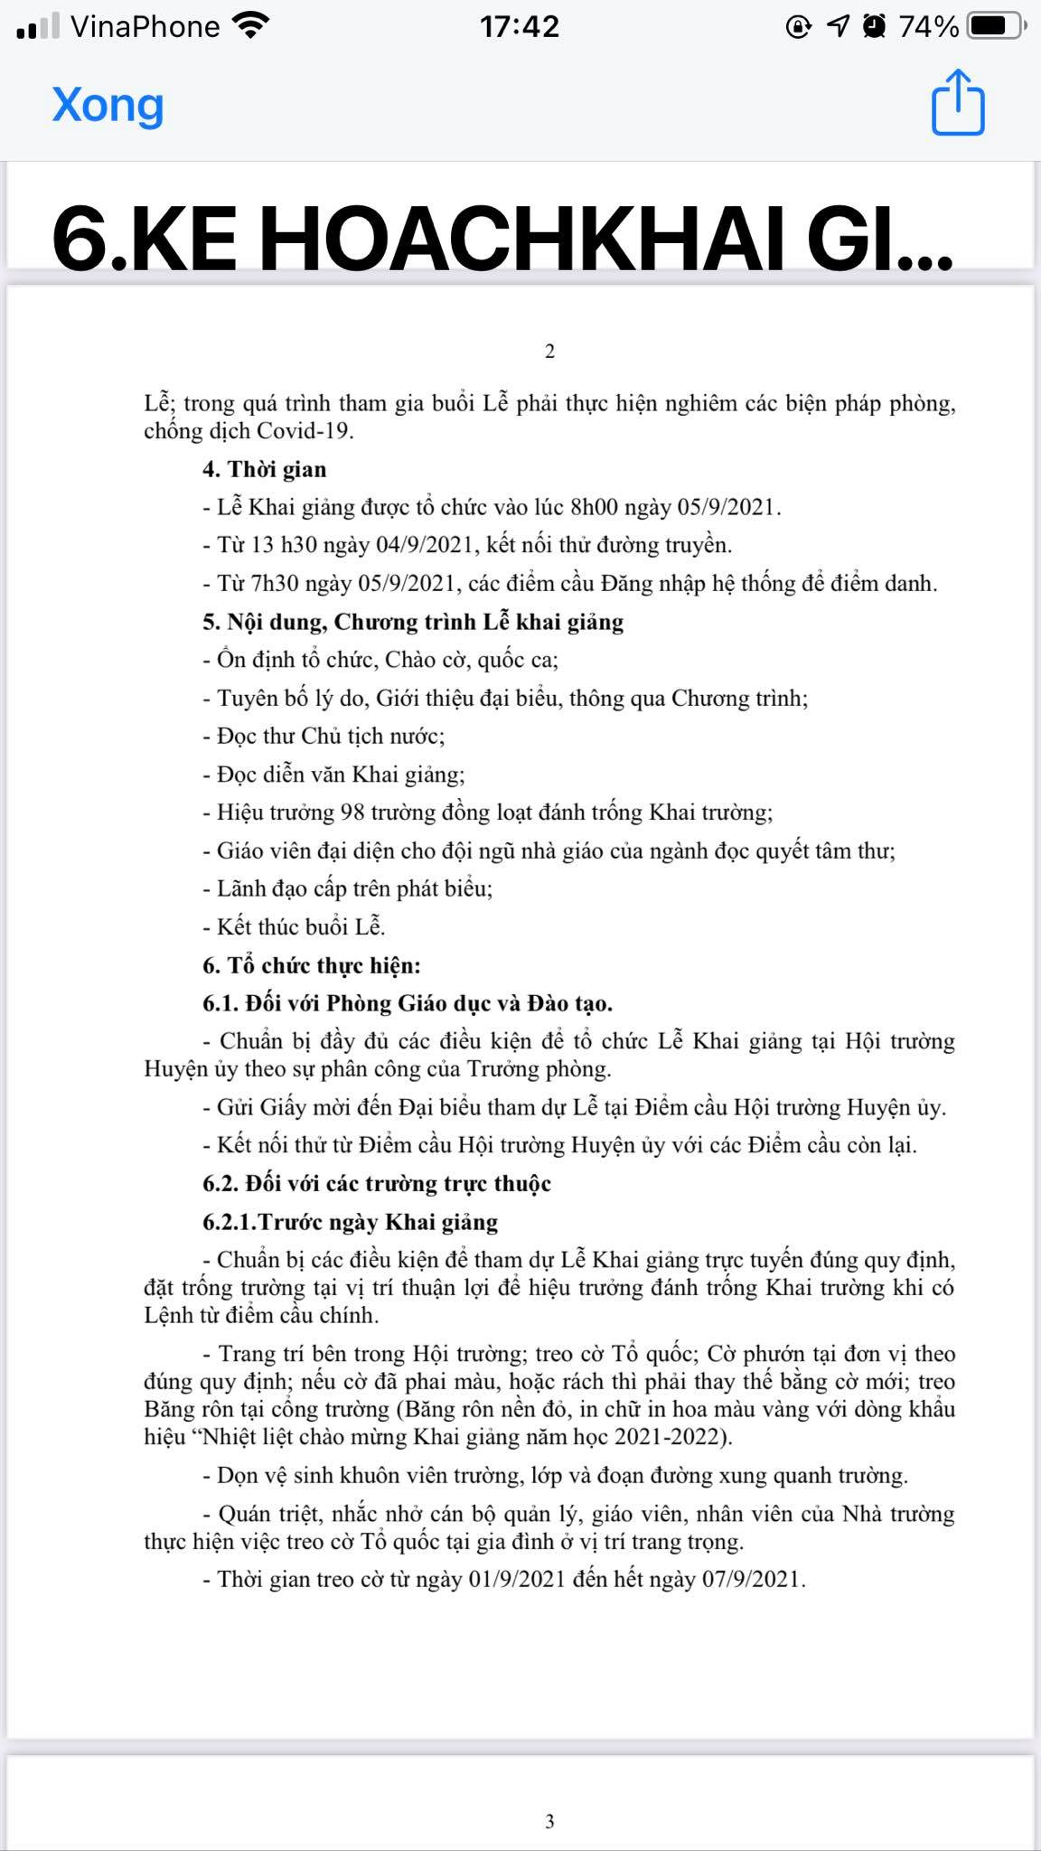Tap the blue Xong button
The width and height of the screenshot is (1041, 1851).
[108, 105]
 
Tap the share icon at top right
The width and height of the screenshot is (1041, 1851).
[958, 103]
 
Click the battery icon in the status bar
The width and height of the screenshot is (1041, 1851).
[995, 27]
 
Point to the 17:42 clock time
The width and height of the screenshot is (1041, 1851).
[520, 27]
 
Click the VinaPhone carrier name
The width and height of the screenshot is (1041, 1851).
[145, 27]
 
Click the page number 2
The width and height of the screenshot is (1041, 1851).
[549, 351]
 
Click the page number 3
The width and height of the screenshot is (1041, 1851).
[549, 1821]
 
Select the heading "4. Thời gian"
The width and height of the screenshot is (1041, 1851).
[264, 469]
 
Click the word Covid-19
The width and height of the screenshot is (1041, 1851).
[305, 431]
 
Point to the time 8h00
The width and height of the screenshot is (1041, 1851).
[594, 507]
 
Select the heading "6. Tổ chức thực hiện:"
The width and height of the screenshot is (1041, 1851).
[312, 965]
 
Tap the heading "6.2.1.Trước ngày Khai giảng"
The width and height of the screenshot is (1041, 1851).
[351, 1222]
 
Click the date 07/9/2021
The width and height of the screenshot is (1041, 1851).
[752, 1579]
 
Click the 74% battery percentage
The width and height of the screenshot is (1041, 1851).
[928, 27]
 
